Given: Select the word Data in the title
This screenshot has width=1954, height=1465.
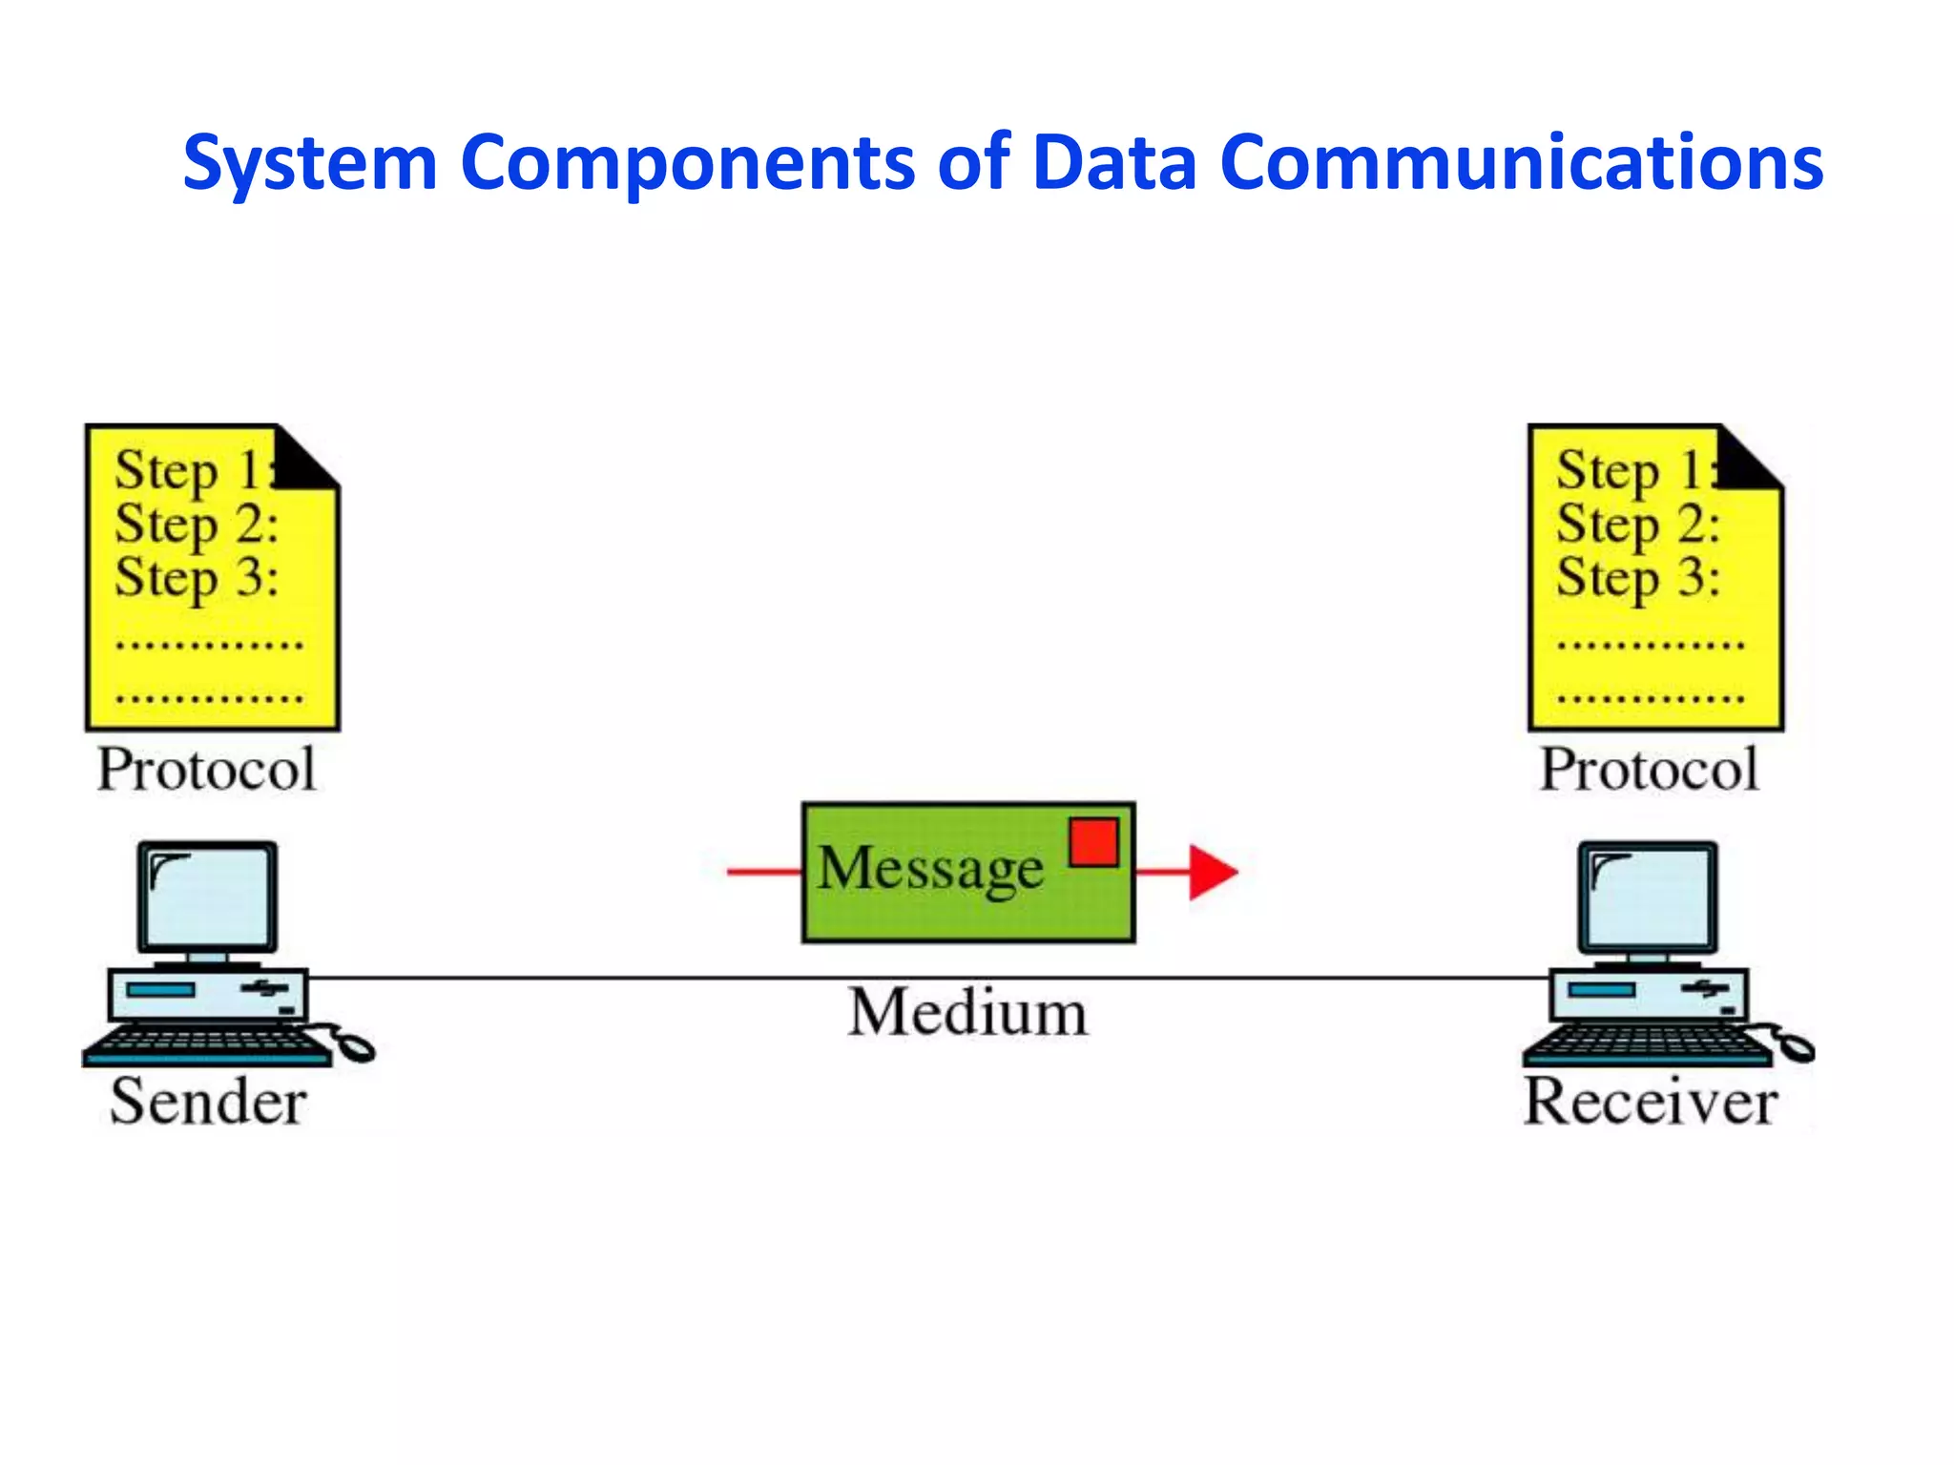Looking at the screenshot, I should tap(1113, 162).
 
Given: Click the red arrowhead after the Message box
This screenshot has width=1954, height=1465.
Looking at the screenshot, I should tap(1212, 871).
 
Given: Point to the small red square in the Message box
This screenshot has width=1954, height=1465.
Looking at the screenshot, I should tap(1093, 842).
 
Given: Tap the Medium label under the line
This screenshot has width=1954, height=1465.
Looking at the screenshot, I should tap(967, 1013).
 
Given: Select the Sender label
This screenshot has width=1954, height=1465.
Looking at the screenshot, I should tap(208, 1103).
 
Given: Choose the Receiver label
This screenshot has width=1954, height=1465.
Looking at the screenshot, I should tap(1650, 1103).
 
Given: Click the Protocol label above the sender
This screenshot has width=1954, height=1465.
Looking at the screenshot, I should tap(206, 770).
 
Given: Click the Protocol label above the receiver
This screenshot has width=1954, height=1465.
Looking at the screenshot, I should tap(1649, 770).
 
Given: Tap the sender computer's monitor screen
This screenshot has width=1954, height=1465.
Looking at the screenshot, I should tap(208, 896).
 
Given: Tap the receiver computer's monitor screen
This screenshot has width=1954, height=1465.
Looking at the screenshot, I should tap(1648, 896).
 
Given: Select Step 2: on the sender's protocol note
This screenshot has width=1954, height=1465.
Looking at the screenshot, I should tap(196, 525).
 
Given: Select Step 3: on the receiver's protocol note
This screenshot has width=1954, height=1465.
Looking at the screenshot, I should tap(1637, 578).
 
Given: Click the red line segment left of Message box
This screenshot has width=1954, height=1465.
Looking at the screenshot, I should tap(763, 871).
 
